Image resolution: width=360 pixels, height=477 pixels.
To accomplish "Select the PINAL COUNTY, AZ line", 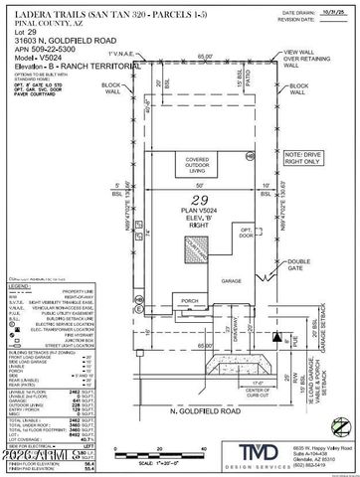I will point(42,20).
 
